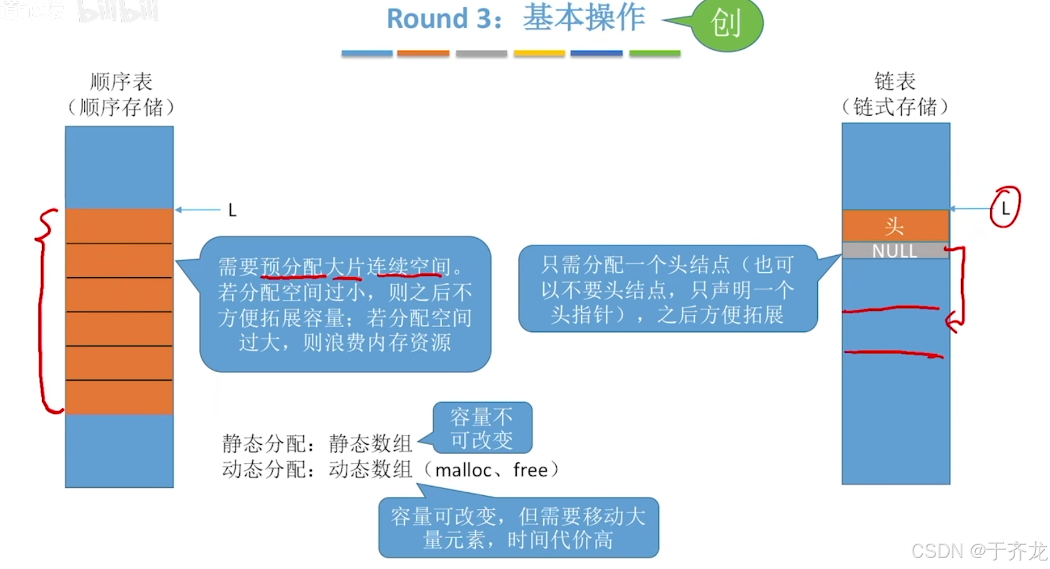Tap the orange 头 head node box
coord(895,226)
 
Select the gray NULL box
coord(895,251)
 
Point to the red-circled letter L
coord(1005,208)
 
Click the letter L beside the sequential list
coord(232,211)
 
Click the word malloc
coord(463,470)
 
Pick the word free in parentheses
coord(530,470)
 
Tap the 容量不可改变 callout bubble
coord(482,428)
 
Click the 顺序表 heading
coord(121,82)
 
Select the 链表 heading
coord(895,81)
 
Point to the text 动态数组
coord(370,470)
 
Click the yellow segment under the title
coord(539,54)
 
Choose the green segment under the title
coord(655,54)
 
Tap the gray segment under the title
coord(481,54)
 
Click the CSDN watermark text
coord(978,551)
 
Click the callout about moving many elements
coord(518,528)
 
